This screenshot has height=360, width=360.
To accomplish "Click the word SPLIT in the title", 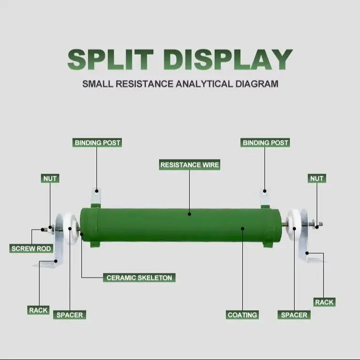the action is coord(111,59).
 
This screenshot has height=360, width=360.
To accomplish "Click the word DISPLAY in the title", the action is coord(228,59).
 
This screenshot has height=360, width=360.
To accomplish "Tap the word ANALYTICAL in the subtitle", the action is coord(204,84).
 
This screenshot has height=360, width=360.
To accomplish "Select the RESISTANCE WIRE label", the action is coord(190,165).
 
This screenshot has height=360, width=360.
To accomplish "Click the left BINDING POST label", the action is coord(97,143).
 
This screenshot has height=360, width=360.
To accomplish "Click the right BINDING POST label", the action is coord(265,143).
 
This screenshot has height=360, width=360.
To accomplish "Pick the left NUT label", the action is coord(50,178).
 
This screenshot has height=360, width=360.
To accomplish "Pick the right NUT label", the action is coord(317,178).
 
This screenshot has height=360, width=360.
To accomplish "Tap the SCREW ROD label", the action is coord(31,248).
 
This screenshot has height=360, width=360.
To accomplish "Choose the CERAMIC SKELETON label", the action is coord(139,278).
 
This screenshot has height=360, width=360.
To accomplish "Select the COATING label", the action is coord(242,314).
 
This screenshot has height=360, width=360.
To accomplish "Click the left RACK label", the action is coord(38,310).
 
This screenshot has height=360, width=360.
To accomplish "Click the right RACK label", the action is coord(324,302).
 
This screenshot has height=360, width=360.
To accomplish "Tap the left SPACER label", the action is coord(70,314).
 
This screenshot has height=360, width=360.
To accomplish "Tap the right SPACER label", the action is coord(294,314).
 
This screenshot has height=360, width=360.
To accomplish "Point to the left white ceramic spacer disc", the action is coord(70,229).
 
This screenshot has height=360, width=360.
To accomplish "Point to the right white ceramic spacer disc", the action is coord(294,224).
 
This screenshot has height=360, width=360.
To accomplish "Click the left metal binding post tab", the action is coord(96,196).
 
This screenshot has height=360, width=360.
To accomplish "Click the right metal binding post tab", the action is coord(265,198).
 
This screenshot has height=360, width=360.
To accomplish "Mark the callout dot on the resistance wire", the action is coord(190,214).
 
